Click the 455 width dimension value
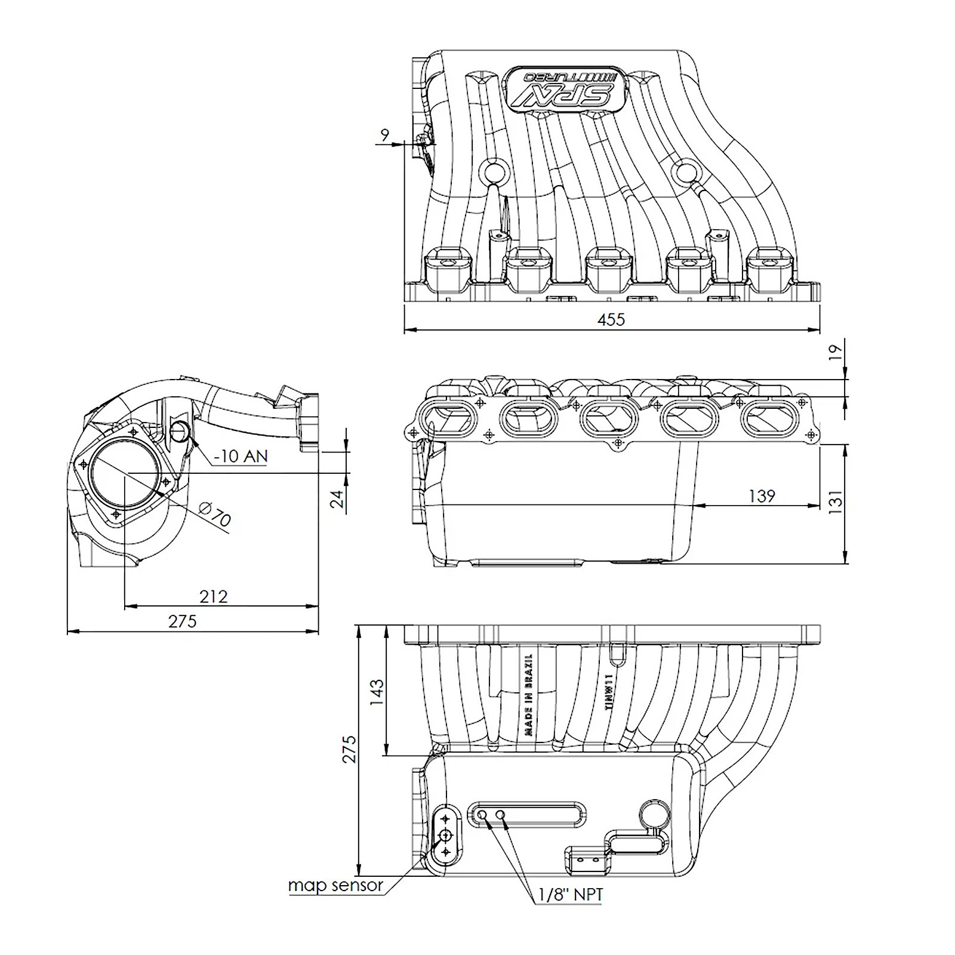click(611, 319)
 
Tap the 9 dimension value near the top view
click(385, 135)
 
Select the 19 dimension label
click(837, 352)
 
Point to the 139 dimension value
click(762, 495)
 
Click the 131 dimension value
click(836, 501)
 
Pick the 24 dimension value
click(338, 498)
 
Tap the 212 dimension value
click(214, 596)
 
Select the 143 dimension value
click(377, 692)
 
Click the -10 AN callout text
click(241, 457)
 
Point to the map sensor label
click(335, 885)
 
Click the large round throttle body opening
click(125, 474)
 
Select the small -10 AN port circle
click(180, 431)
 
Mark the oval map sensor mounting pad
click(446, 834)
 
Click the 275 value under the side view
click(182, 621)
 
